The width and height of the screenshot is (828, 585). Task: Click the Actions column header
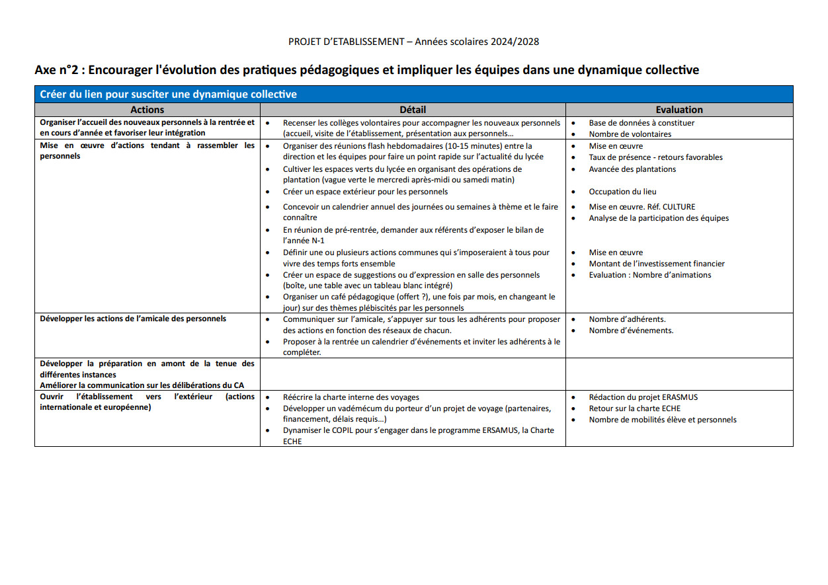147,110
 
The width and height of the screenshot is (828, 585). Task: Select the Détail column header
413,110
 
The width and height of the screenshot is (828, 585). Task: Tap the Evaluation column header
679,110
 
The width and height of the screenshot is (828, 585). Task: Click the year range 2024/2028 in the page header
515,42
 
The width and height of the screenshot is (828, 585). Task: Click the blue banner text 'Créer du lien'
72,95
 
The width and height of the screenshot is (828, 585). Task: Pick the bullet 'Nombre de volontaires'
630,134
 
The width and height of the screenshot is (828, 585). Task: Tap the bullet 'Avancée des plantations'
632,169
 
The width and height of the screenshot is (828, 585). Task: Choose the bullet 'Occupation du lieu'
622,192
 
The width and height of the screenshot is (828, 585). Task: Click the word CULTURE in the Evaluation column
673,207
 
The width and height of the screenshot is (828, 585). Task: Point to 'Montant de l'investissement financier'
656,264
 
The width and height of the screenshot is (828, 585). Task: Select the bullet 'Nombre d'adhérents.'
627,319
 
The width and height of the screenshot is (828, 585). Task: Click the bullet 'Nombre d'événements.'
631,331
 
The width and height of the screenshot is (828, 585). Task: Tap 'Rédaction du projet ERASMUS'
643,397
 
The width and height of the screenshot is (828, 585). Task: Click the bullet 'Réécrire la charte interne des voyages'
351,397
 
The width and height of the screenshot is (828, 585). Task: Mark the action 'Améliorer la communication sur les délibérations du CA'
142,385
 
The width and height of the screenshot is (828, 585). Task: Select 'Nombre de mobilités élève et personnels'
662,420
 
